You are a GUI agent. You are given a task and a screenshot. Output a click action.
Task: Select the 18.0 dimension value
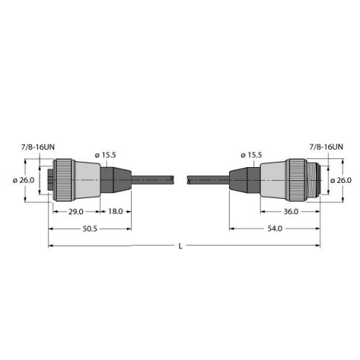pyautogui.click(x=114, y=212)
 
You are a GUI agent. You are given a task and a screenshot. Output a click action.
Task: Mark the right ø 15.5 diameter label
pyautogui.click(x=251, y=155)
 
